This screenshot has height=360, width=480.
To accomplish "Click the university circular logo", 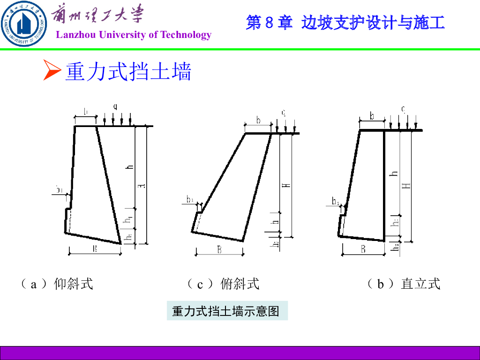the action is (x=23, y=24).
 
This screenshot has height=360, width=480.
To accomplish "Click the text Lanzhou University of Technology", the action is (x=134, y=35).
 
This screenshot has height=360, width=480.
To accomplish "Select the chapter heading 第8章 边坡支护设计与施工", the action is (x=345, y=22).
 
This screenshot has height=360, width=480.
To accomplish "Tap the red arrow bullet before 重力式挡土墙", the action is (x=52, y=70).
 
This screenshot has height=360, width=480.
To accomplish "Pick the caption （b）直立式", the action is (x=403, y=284).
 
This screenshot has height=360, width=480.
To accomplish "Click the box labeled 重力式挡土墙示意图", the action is (x=227, y=311).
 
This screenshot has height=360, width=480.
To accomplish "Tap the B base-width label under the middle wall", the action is (x=219, y=250).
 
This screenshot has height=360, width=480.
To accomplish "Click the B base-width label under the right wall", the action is (x=363, y=249).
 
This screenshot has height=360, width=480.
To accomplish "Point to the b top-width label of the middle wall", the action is (x=258, y=120).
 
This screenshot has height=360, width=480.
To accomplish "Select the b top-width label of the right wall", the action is (x=372, y=116).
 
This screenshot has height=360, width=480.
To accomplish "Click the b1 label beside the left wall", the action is (x=60, y=189).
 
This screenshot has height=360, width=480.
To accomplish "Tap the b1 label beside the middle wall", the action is (x=190, y=200).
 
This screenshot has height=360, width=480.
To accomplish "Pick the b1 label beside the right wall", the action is (x=336, y=202).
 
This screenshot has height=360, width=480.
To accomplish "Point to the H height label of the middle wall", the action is (x=287, y=185).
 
